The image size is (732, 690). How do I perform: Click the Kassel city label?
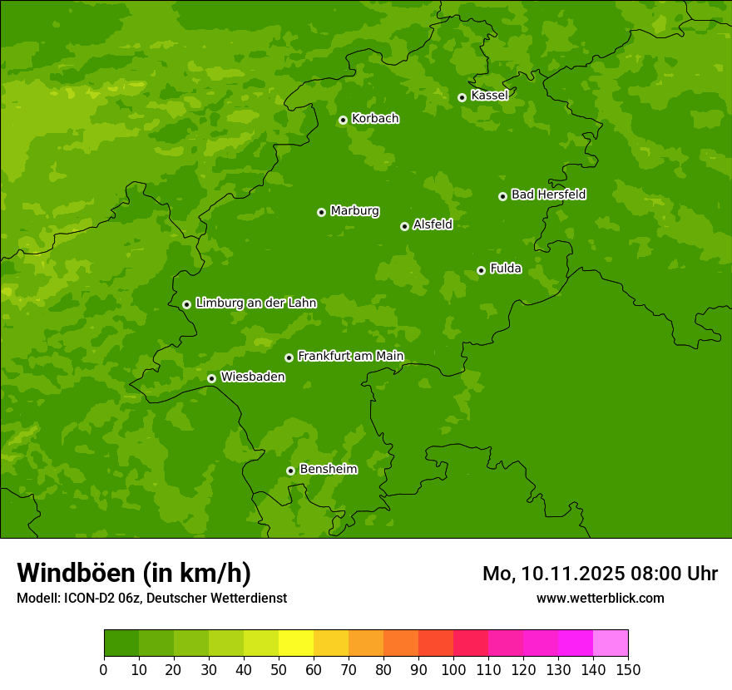click(489, 96)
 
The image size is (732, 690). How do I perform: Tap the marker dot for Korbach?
click(343, 120)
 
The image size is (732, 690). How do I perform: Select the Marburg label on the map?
click(354, 211)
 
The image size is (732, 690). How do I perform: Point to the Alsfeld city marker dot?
click(404, 226)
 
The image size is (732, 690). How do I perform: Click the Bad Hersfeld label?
click(548, 195)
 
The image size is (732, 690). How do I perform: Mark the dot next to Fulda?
click(481, 270)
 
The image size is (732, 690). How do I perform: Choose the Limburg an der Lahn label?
click(255, 303)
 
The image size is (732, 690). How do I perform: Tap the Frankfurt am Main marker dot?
click(289, 357)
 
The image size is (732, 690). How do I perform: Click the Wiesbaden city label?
click(252, 377)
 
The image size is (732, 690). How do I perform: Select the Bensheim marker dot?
click(290, 471)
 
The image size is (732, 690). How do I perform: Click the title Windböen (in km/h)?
click(134, 573)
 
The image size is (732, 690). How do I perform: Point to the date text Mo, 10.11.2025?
click(549, 574)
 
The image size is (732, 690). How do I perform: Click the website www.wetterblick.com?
click(600, 599)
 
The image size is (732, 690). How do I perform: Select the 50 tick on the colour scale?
click(279, 669)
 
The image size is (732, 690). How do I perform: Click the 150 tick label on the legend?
click(628, 669)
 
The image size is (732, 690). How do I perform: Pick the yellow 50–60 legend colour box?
click(296, 643)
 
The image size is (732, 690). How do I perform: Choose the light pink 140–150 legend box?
click(611, 643)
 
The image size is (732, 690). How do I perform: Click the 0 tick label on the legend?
click(104, 669)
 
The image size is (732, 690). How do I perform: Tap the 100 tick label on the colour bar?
click(453, 669)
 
